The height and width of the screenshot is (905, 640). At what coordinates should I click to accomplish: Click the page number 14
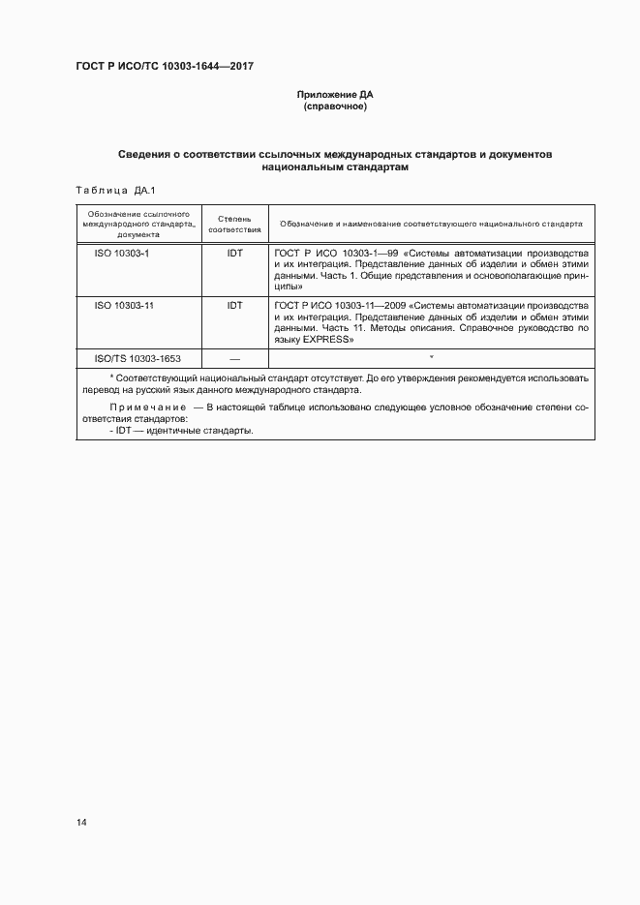point(81,823)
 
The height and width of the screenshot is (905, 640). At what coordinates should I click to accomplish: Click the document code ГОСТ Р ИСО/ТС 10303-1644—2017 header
point(165,67)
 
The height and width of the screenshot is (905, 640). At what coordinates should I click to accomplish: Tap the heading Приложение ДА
point(334,95)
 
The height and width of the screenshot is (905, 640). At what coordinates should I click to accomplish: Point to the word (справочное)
point(334,106)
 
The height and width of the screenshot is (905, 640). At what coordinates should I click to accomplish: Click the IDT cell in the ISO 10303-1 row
point(234,253)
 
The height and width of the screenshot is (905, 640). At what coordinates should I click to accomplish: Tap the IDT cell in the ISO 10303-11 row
point(234,305)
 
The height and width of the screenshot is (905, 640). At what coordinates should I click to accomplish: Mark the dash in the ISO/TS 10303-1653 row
point(234,358)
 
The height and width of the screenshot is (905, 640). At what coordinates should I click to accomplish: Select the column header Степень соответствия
point(234,225)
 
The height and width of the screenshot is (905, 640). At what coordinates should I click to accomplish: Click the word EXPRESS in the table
point(336,340)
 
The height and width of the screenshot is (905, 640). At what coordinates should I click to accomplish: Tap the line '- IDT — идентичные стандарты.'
point(181,432)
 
